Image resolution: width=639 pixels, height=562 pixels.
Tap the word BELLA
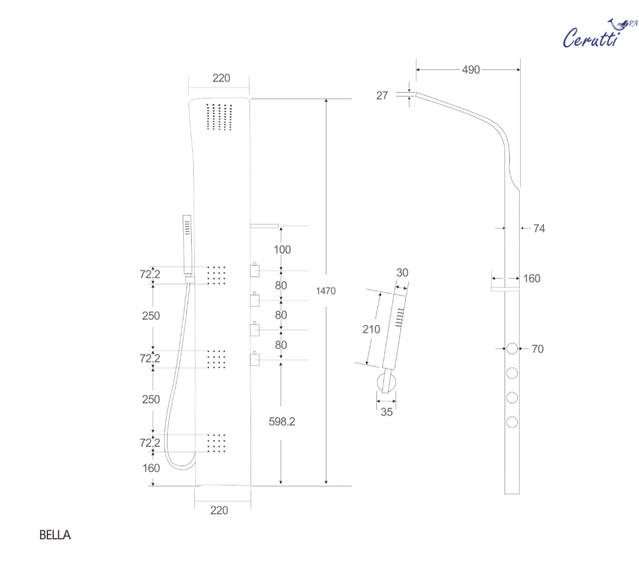(x=55, y=535)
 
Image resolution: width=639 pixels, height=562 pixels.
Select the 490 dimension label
(x=471, y=70)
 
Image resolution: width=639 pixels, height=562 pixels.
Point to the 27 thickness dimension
(x=382, y=96)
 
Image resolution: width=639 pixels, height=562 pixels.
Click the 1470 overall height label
(x=325, y=291)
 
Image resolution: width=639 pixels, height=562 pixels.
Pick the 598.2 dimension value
(x=282, y=421)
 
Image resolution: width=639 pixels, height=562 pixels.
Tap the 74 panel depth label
(x=539, y=229)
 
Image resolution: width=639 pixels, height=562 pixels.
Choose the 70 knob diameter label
(x=537, y=349)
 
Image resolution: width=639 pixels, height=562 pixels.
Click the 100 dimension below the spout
(x=282, y=249)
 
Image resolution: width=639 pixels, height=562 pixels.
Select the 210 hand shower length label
(x=371, y=329)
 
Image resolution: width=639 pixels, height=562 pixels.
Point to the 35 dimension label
(x=387, y=412)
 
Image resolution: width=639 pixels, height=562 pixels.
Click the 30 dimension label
(x=402, y=273)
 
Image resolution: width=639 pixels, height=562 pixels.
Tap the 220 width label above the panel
(x=221, y=78)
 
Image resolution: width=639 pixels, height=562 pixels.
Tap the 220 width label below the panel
(x=219, y=510)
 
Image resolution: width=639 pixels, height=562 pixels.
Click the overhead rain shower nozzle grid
(x=219, y=117)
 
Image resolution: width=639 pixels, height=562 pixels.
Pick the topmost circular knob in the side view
(x=512, y=349)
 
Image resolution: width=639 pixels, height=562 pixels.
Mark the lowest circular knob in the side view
(x=512, y=422)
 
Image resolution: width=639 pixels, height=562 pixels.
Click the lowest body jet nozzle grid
(x=216, y=443)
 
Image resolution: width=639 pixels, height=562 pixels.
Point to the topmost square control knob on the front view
(x=255, y=271)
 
